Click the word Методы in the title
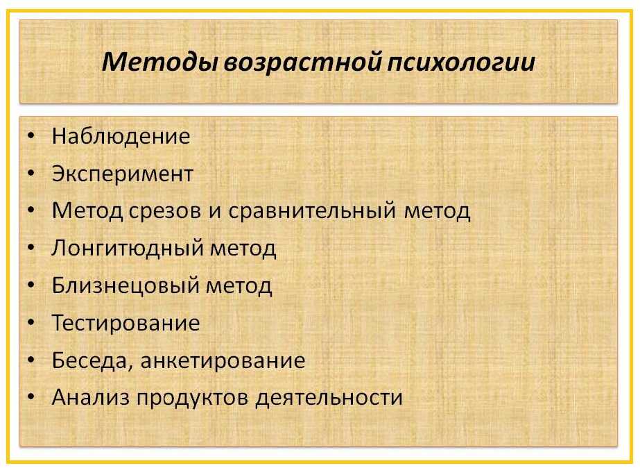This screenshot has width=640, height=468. pyautogui.click(x=159, y=62)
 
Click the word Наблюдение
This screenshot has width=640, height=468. pyautogui.click(x=121, y=136)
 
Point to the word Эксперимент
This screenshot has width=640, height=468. pyautogui.click(x=123, y=174)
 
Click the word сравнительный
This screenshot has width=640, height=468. pyautogui.click(x=312, y=212)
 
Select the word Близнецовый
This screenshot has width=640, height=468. pyautogui.click(x=126, y=285)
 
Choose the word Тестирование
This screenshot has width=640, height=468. pyautogui.click(x=126, y=323)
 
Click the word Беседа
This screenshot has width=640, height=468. pyautogui.click(x=90, y=361)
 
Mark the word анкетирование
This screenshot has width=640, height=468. pyautogui.click(x=223, y=361)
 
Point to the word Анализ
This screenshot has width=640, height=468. pyautogui.click(x=90, y=397)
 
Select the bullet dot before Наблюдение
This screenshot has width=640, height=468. pyautogui.click(x=31, y=137)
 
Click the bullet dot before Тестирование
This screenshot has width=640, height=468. pyautogui.click(x=31, y=324)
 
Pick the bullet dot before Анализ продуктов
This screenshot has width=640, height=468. pyautogui.click(x=31, y=398)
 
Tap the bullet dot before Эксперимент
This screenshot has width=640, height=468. pyautogui.click(x=31, y=174)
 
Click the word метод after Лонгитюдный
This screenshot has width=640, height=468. pyautogui.click(x=243, y=249)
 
